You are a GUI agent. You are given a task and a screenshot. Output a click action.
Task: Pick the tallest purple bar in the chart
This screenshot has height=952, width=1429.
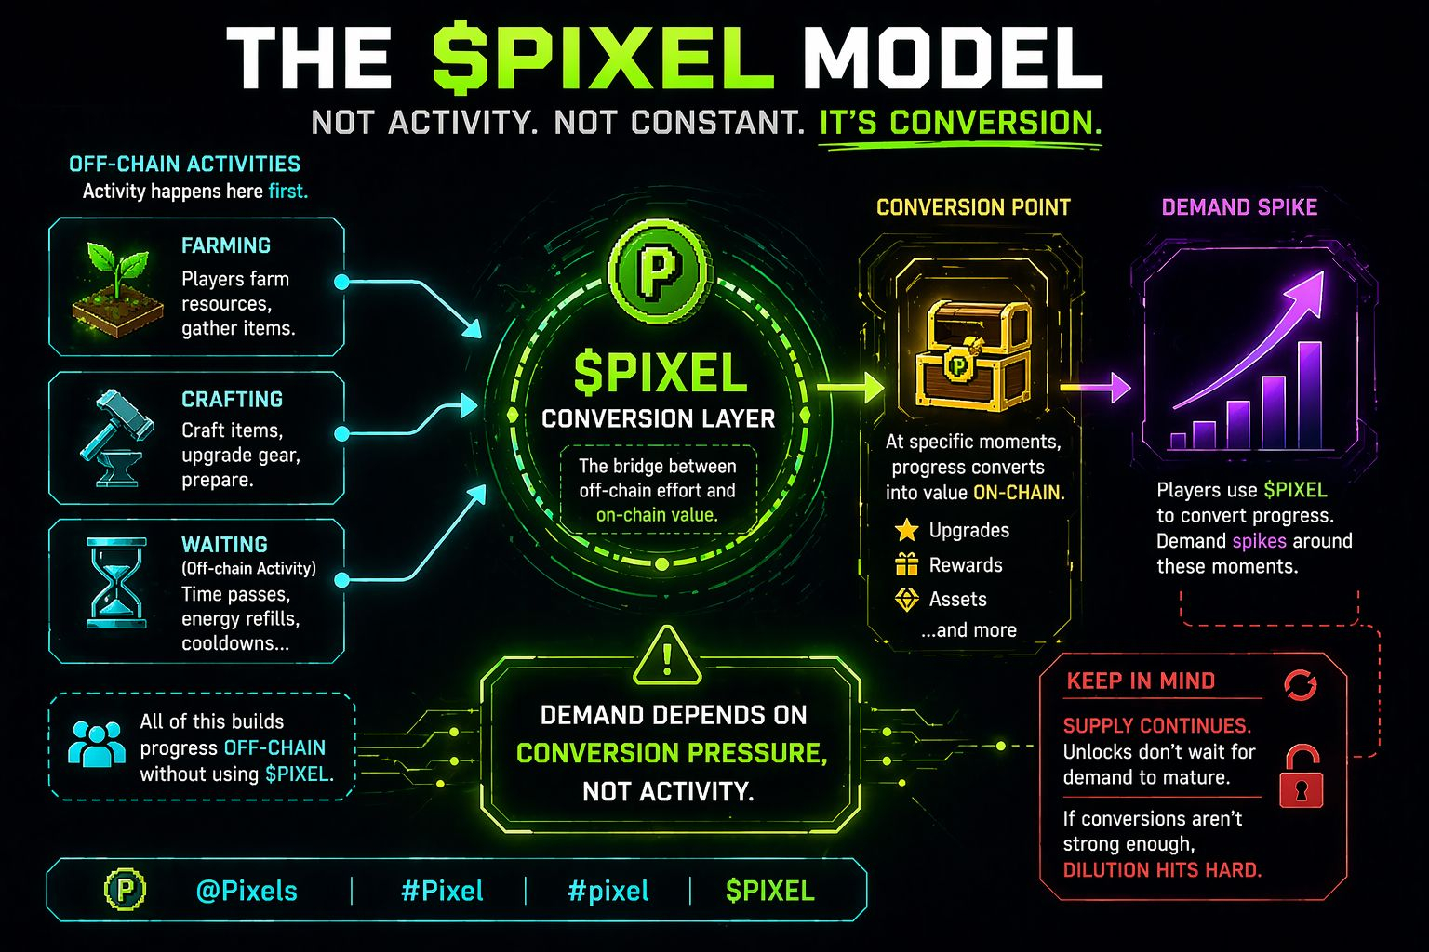pos(1309,395)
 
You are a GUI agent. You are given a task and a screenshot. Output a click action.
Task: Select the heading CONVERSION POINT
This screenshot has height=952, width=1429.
pos(973,207)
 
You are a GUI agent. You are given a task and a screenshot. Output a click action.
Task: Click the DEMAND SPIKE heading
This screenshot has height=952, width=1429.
pos(1239,207)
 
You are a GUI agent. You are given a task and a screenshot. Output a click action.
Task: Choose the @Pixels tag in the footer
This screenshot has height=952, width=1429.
pos(247,891)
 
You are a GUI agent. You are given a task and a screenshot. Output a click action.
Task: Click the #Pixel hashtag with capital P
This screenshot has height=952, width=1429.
pos(442,891)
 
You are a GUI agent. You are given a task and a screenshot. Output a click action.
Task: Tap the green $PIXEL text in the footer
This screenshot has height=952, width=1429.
pos(769,891)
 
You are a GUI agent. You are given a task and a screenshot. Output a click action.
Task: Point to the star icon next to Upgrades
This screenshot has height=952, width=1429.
pos(906,531)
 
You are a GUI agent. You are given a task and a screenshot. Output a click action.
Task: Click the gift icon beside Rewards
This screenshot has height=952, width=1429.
pos(906,564)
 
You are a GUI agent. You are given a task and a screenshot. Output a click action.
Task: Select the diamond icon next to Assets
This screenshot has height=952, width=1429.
pos(906,600)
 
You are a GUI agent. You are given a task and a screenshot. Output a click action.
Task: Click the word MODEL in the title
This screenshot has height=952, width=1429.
pos(952,58)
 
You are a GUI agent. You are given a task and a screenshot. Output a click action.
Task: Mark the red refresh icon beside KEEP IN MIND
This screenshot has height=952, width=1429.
pos(1300,685)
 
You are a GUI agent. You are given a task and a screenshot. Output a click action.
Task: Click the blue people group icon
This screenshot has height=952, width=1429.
pos(97,745)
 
